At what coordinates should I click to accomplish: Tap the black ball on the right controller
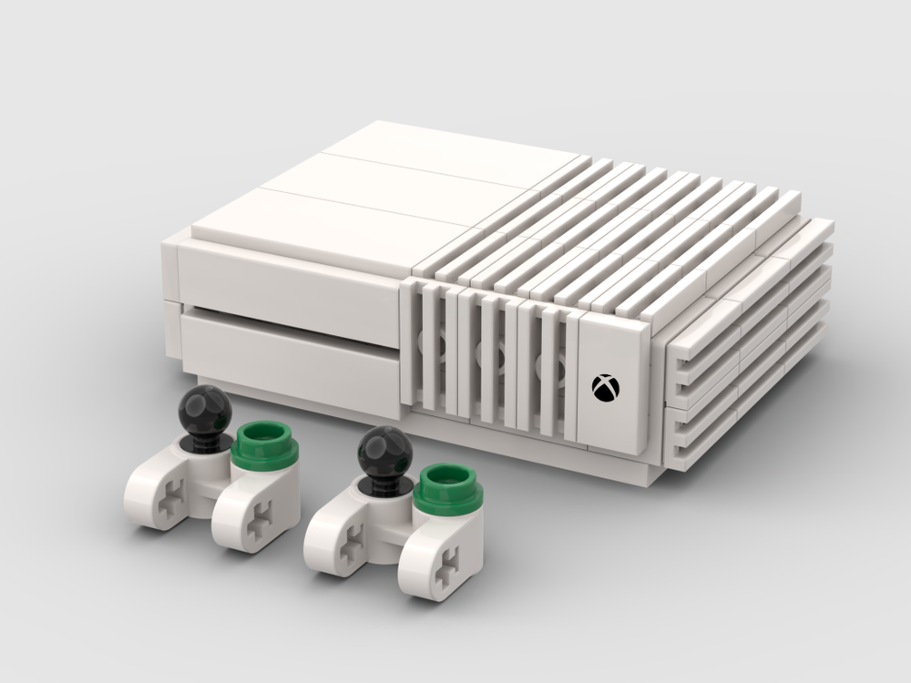pyautogui.click(x=384, y=451)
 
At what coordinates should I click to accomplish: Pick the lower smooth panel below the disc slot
pyautogui.click(x=292, y=351)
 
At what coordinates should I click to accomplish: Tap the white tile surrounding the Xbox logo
pyautogui.click(x=612, y=382)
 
